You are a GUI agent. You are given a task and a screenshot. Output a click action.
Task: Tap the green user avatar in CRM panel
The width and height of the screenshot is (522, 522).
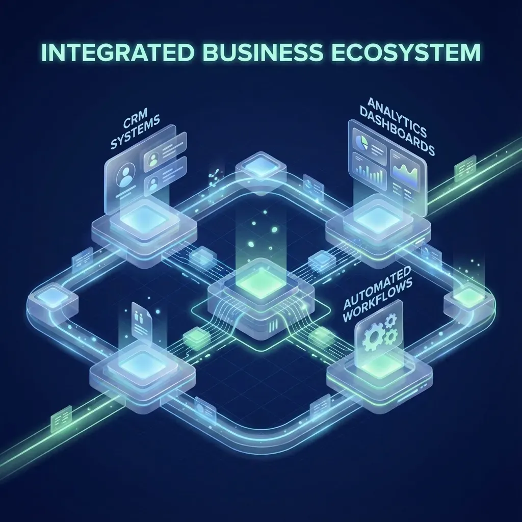click(152, 160)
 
